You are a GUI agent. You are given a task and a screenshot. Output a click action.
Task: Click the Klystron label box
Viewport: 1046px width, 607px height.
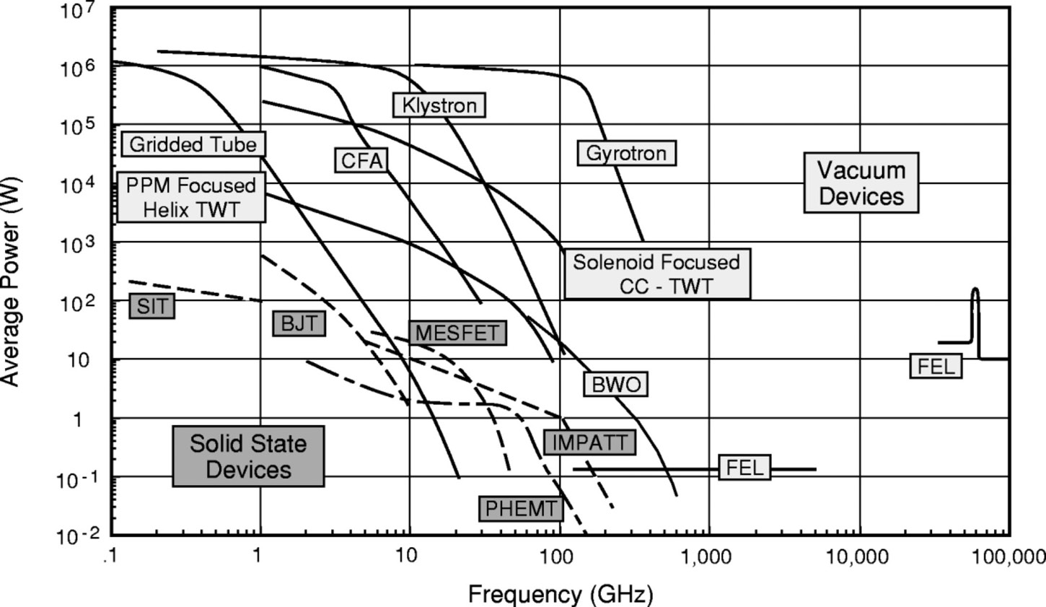point(439,105)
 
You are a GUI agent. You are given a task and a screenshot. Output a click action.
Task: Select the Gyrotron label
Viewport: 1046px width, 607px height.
point(626,153)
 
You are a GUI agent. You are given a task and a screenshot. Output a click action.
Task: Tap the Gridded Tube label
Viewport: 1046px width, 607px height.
point(193,144)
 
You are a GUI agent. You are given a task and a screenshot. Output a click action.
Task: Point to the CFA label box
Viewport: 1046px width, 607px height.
point(361,160)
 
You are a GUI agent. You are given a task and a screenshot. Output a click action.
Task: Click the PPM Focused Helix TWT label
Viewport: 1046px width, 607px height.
point(190,197)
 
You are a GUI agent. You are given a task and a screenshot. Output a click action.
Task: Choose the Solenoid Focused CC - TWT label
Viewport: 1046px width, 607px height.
point(656,274)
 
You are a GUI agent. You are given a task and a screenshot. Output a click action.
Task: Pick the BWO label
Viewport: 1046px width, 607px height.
point(615,385)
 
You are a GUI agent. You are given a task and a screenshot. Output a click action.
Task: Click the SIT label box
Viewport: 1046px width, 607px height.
point(152,306)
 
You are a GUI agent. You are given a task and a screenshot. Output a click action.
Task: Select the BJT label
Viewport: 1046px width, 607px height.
point(299,323)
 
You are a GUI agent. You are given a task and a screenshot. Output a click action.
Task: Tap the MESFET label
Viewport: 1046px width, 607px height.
point(457,333)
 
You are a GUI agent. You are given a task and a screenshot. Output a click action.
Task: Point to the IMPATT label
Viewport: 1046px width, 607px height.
point(589,442)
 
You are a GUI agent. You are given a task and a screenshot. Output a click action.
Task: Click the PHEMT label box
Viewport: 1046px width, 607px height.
point(521,508)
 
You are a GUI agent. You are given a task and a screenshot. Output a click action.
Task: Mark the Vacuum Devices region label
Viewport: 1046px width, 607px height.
point(861,183)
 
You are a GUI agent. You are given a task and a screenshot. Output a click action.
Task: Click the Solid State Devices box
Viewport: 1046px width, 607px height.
point(248,456)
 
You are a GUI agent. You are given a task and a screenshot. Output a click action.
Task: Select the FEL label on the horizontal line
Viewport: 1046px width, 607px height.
point(744,468)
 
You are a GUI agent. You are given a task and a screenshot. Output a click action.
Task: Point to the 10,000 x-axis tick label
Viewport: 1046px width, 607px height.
point(858,556)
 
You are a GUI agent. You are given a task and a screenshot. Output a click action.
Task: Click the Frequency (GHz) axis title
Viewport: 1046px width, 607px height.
point(561,594)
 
